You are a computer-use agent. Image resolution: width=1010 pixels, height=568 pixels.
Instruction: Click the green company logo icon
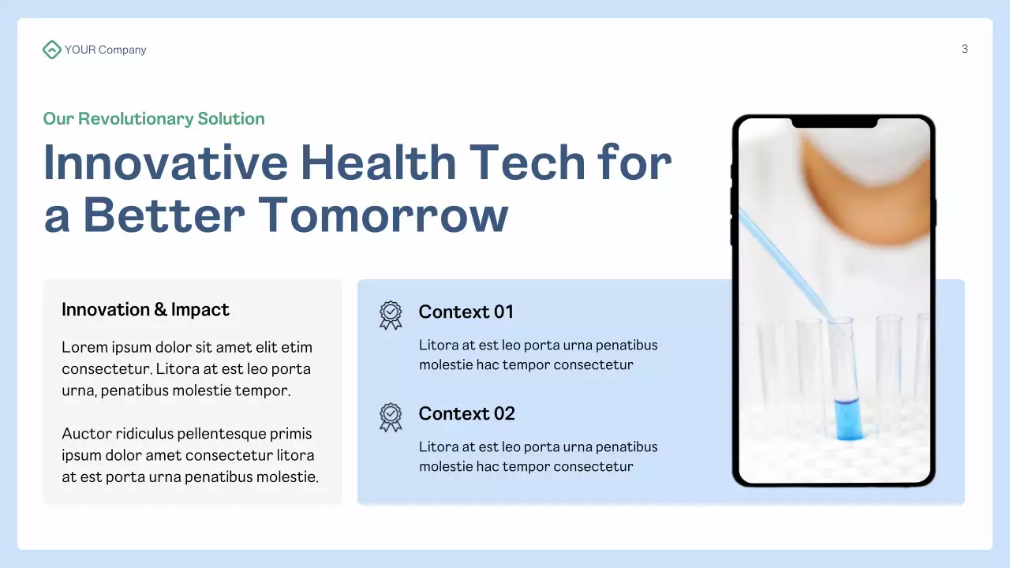point(51,50)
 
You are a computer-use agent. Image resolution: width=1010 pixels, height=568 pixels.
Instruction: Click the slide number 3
point(964,49)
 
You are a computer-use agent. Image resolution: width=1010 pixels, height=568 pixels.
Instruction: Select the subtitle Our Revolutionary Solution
point(154,119)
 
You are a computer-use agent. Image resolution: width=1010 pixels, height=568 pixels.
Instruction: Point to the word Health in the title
point(378,163)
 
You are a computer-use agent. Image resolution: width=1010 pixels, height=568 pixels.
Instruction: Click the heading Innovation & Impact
point(145,309)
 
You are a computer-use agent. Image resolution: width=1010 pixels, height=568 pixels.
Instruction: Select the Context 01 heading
point(466,312)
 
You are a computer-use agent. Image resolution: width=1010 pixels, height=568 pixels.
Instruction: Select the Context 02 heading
point(466,413)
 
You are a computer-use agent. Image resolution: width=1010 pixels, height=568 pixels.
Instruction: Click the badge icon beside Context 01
point(391,315)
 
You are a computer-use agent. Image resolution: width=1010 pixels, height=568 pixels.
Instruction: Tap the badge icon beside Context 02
point(391,417)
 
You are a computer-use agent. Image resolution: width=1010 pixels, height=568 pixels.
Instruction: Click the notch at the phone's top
point(834,122)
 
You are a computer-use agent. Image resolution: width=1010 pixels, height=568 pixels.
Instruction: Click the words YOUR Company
point(105,50)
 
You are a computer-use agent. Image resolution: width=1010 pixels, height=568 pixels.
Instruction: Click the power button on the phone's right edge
point(935,213)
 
